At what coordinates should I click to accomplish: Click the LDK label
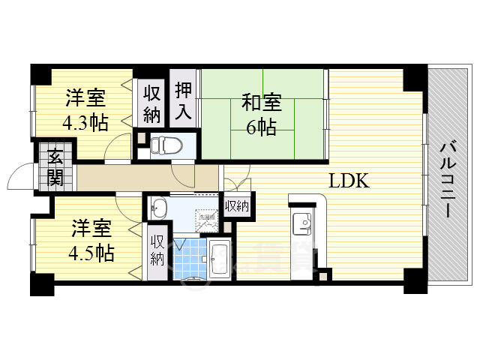pos(347,181)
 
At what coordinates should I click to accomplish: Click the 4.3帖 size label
pos(84,123)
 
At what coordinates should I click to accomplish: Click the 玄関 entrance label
pos(55,169)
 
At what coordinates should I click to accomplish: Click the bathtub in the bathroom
pos(220,259)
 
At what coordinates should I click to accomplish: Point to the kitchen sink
pos(303,222)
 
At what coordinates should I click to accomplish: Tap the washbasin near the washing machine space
pos(159,208)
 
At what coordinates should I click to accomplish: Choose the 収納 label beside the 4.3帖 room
pos(152,103)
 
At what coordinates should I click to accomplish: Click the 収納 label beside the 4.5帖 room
pos(157,250)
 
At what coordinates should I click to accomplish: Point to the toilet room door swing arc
pos(182,174)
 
